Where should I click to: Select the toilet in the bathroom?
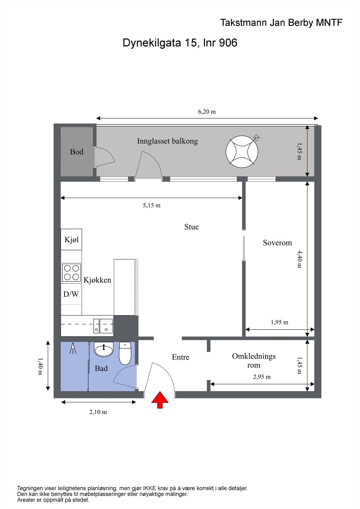(125, 354)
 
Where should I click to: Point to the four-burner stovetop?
(71, 273)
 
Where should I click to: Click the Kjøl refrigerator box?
(71, 239)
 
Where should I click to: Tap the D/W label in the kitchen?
(71, 294)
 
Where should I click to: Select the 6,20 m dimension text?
(207, 112)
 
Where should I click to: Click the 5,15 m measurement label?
(152, 206)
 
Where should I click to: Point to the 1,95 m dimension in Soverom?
(279, 322)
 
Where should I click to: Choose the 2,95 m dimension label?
(262, 377)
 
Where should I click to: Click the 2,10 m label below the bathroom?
(98, 412)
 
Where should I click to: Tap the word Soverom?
(277, 243)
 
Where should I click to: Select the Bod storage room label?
(76, 152)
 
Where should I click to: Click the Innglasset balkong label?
(167, 141)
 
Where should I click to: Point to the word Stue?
(191, 227)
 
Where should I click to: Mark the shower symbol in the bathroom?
(73, 348)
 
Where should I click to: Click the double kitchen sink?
(103, 326)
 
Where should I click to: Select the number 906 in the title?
(228, 43)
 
